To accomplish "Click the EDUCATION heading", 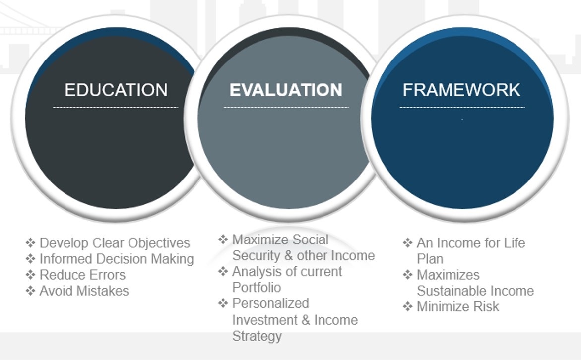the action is (x=116, y=90).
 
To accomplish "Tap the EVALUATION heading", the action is (x=286, y=90).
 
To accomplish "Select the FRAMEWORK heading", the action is (x=461, y=90).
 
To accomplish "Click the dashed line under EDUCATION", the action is (x=116, y=108).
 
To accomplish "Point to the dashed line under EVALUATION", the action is (x=286, y=108).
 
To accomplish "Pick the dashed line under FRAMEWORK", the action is (x=462, y=108).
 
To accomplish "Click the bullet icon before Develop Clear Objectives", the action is (x=30, y=243).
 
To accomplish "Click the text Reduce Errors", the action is (x=83, y=275).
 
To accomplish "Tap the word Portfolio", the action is (x=257, y=288).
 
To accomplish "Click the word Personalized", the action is (x=270, y=303).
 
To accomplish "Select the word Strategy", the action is (x=257, y=336).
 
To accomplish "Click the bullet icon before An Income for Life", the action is (x=407, y=243).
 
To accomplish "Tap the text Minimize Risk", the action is (x=458, y=306).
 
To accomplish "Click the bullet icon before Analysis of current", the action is (x=223, y=271).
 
